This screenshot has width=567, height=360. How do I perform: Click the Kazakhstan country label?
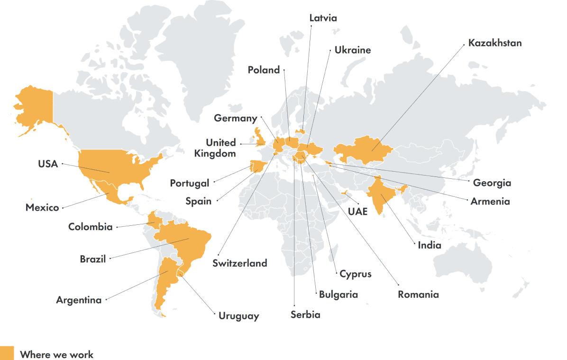point(494,43)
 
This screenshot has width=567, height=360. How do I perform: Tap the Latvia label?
point(323,18)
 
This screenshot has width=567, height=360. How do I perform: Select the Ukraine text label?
point(352,50)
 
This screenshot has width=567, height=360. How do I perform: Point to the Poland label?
point(264,70)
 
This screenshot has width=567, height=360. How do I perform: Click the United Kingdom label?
point(220,148)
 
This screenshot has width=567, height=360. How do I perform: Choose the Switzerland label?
point(239,263)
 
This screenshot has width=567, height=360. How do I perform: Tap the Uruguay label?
point(238,315)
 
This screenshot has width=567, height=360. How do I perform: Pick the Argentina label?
point(79,300)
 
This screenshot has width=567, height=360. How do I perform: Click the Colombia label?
point(90,227)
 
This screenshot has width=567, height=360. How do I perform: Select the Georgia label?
point(492,183)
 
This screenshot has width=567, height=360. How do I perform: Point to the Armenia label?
point(490,201)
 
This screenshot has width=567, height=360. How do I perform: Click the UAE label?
point(357,212)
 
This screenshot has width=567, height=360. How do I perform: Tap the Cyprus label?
point(355,274)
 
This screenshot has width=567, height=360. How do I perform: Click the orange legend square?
point(7,353)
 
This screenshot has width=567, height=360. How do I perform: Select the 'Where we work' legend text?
point(57,354)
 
